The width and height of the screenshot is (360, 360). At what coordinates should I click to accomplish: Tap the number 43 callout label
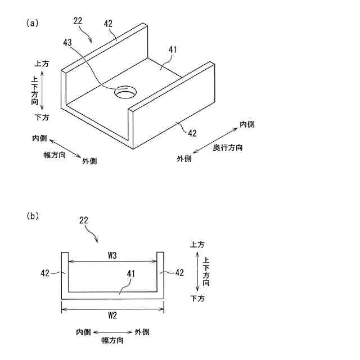pos(67,43)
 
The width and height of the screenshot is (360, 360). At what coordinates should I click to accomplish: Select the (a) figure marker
pos(31,23)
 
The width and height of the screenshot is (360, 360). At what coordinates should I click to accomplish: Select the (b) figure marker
pos(31,215)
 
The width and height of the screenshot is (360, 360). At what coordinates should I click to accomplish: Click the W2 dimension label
pos(112,316)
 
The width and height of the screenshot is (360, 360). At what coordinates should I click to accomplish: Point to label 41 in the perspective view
pos(172,49)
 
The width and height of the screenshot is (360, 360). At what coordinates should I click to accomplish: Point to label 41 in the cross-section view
pos(130,274)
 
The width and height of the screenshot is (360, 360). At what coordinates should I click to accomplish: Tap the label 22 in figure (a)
pos(78,21)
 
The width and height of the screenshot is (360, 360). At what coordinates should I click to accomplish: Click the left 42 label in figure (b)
pos(46,273)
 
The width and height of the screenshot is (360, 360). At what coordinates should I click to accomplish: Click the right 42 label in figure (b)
pos(179,273)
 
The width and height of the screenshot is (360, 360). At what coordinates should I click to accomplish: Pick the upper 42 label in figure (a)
pos(109,24)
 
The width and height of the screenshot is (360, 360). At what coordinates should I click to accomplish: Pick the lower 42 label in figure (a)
pos(192,133)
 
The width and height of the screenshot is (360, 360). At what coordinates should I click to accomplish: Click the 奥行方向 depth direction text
pos(228,148)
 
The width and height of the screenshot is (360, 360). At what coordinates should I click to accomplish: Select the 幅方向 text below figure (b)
pos(112,340)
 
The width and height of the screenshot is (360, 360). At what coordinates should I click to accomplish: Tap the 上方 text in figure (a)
pos(42,64)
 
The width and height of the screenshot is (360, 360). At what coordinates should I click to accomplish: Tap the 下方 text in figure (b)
pos(197,298)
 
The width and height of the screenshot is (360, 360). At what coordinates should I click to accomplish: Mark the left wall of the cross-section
pos(65,276)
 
